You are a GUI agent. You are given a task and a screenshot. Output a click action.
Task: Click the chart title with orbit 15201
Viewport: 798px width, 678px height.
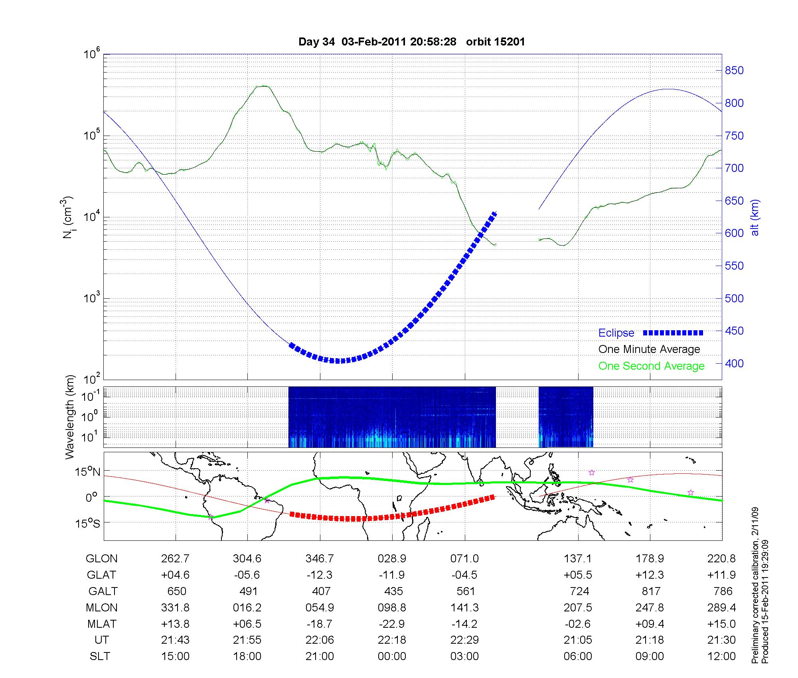(x=411, y=41)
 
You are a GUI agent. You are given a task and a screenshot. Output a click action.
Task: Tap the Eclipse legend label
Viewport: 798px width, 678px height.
(x=616, y=333)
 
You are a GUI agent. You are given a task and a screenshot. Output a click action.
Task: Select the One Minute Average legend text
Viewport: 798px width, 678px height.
(x=649, y=349)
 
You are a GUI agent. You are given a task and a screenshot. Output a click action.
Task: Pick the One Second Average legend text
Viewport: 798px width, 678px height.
(x=651, y=366)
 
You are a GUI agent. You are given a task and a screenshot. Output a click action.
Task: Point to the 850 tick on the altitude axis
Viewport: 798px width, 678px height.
(x=734, y=71)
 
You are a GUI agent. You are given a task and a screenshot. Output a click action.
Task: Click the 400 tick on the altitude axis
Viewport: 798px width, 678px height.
(x=734, y=364)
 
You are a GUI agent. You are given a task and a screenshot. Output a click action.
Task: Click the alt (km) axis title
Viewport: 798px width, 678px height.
(x=755, y=217)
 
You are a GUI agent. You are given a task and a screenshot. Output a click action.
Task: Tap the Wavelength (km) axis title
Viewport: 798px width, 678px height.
(x=70, y=417)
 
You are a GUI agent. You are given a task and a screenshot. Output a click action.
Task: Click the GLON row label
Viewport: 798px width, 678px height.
(x=101, y=558)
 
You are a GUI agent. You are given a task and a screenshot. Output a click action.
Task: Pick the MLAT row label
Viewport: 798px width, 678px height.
(x=101, y=624)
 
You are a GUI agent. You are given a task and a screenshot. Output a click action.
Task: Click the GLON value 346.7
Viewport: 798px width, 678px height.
(x=320, y=558)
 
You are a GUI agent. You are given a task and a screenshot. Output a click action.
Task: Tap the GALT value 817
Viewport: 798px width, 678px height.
(x=651, y=591)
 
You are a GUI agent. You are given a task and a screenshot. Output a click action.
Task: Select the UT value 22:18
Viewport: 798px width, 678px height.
(x=392, y=640)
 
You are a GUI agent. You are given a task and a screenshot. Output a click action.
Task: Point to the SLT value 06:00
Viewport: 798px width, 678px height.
(x=578, y=656)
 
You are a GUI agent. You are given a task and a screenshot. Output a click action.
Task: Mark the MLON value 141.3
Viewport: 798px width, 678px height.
(x=464, y=607)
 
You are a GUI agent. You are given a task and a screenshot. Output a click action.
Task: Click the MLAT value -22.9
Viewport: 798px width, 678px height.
(x=392, y=624)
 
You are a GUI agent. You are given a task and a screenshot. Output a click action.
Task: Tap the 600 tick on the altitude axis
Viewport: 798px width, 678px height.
(x=734, y=233)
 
